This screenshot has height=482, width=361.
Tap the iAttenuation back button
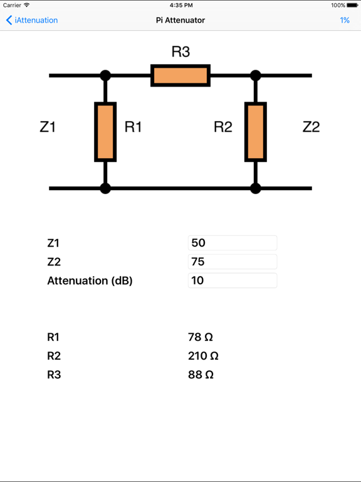[x=32, y=20]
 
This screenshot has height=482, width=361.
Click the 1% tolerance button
[x=345, y=20]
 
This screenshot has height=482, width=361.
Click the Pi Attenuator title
[x=180, y=20]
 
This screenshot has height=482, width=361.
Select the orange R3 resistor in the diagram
[x=180, y=75]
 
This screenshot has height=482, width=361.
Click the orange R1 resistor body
[x=105, y=132]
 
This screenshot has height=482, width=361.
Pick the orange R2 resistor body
[x=255, y=132]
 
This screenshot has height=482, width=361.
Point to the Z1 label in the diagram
[x=48, y=127]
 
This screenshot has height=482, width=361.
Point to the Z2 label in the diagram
[x=311, y=127]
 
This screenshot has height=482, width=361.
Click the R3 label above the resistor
[x=180, y=52]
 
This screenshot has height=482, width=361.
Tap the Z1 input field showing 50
[x=232, y=243]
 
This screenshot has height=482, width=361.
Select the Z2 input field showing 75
[x=232, y=262]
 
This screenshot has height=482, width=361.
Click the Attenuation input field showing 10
[x=232, y=281]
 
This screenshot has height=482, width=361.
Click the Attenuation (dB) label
[x=90, y=281]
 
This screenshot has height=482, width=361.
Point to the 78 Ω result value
[x=201, y=337]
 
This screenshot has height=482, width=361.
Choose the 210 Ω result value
[x=203, y=356]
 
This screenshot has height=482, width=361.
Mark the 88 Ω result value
[x=201, y=375]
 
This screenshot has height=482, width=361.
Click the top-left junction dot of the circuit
[x=105, y=75]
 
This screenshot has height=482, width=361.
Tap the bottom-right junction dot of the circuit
[x=255, y=188]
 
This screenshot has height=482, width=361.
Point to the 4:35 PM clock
[x=180, y=5]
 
